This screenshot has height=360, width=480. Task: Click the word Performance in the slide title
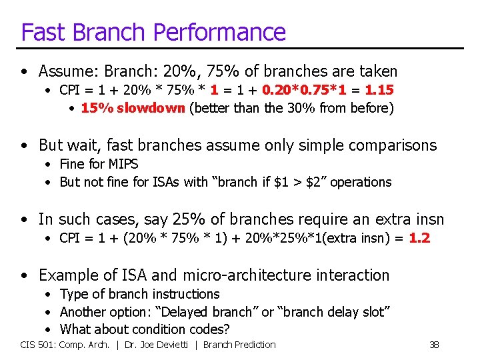[x=226, y=32]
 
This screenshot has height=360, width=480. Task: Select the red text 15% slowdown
[x=133, y=108]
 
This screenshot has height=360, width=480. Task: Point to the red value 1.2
[x=419, y=238]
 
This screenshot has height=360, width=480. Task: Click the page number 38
[x=434, y=345]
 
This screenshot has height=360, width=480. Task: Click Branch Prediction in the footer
[x=239, y=345]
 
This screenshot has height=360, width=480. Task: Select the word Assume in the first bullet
[x=64, y=71]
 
